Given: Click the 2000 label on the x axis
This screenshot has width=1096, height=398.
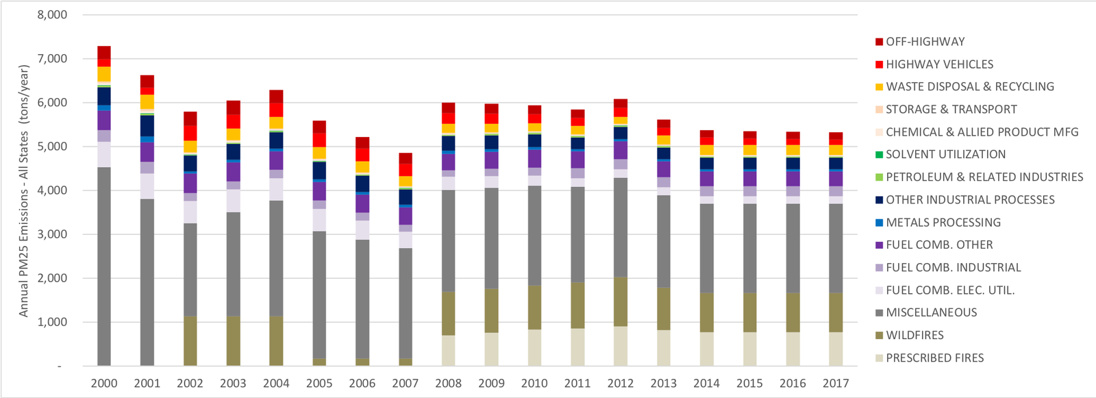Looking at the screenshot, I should [x=104, y=384].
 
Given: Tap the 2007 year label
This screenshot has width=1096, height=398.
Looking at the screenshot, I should [x=405, y=384].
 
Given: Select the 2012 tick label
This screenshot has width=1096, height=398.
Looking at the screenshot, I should [x=620, y=384].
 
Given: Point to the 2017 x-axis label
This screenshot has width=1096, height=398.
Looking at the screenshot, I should [x=835, y=384].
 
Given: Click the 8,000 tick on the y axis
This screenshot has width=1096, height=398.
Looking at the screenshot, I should [x=52, y=15].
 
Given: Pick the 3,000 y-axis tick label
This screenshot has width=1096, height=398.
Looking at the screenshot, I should [x=52, y=234].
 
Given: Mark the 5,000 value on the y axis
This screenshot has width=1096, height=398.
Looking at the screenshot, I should [x=52, y=147].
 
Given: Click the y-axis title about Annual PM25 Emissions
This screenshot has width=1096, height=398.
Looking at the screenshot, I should [x=24, y=190].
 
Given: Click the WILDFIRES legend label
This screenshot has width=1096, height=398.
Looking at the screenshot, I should [x=914, y=336].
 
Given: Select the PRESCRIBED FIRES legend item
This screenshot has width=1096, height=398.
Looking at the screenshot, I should [x=934, y=358].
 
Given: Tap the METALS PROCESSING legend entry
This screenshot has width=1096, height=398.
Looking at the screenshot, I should [x=943, y=223].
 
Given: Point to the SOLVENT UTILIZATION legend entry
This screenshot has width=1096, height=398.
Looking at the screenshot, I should [x=945, y=155].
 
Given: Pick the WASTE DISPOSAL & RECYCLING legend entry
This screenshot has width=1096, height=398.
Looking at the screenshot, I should [x=969, y=87].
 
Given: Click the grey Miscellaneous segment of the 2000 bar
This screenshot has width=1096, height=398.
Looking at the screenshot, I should [x=104, y=267].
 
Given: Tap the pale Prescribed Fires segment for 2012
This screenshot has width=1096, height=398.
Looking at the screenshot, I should [x=620, y=347].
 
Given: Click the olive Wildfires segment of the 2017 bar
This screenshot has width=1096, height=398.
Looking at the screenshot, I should [x=835, y=313].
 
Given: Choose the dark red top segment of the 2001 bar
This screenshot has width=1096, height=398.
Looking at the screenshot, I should [x=147, y=81].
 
